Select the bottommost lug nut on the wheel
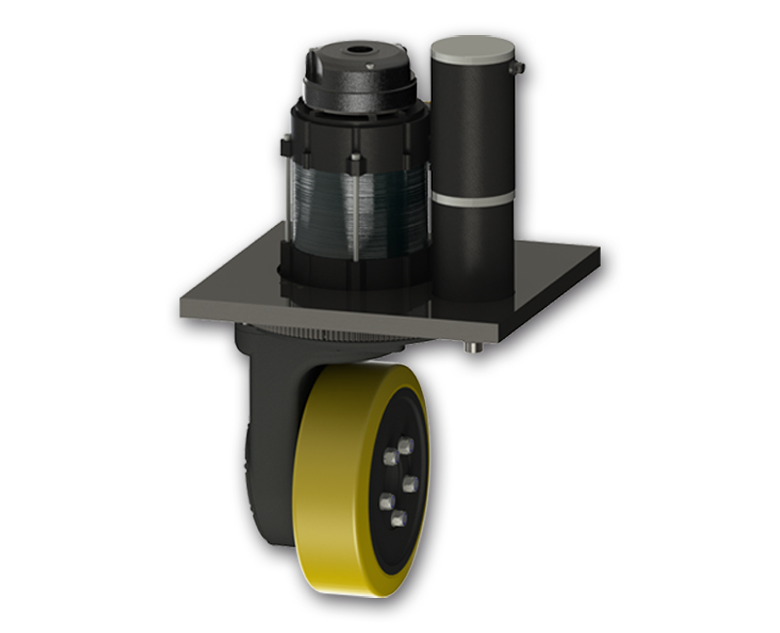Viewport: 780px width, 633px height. coord(398,517)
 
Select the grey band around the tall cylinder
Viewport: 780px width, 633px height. coord(472,198)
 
